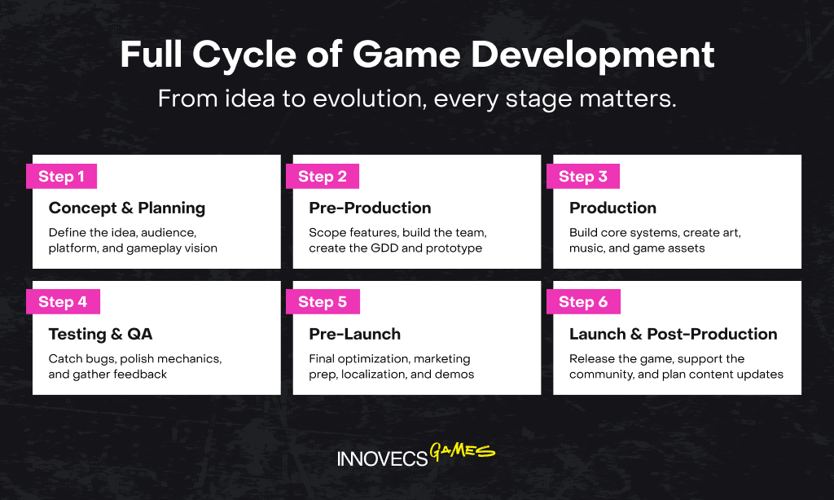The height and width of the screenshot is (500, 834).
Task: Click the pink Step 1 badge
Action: point(61,176)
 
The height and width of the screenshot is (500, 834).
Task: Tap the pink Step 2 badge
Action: point(323,176)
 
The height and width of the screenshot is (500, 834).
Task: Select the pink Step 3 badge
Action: point(583,176)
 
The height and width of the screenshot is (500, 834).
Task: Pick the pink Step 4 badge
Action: point(63,301)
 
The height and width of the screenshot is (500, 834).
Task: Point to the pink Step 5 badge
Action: point(323,301)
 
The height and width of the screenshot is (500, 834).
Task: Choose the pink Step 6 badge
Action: point(583,301)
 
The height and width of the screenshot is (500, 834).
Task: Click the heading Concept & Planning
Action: point(126,208)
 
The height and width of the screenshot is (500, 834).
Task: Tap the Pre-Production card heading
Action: point(370,208)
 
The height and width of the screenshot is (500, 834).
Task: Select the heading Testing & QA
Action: point(100,334)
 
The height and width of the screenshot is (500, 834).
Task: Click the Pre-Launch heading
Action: point(355,334)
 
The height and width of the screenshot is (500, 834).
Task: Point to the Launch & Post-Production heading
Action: point(674,334)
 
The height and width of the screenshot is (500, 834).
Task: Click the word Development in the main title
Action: point(593,55)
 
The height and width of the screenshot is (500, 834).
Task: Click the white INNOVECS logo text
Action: point(383,458)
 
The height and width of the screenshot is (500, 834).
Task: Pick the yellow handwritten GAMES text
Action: point(462,451)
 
